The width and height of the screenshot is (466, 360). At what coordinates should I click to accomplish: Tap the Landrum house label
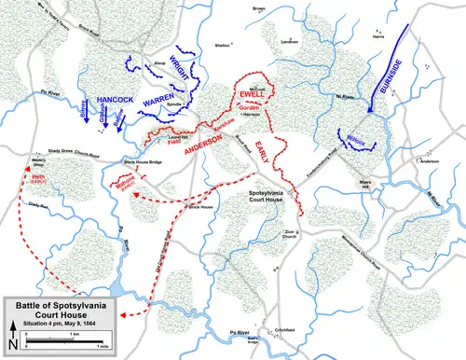tap(290, 42)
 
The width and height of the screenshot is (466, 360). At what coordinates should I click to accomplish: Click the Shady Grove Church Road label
tap(69, 153)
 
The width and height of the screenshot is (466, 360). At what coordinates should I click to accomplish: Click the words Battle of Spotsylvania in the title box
tap(60, 305)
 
